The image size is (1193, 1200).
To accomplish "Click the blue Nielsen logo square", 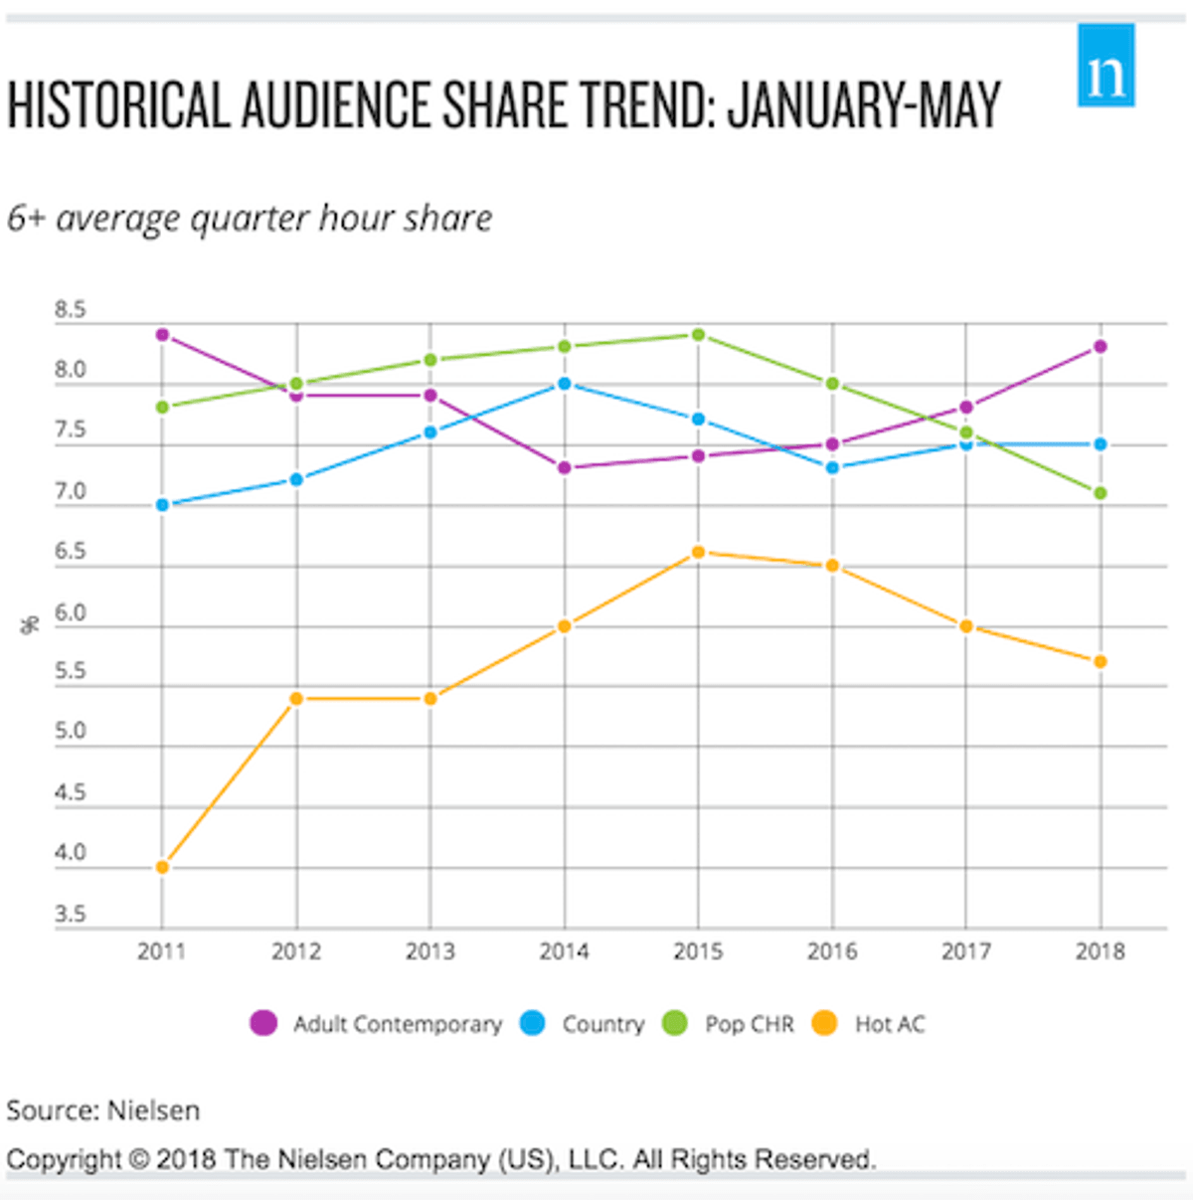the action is click(1106, 66).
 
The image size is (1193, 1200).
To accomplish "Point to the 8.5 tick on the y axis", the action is click(71, 309).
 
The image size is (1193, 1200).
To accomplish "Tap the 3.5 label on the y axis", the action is click(71, 914).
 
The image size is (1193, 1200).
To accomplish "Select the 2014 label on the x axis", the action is click(564, 951).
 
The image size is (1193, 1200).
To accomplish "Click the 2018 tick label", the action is click(1101, 951).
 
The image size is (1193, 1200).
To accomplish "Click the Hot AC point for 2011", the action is click(162, 867).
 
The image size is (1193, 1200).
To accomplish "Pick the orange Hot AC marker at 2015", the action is click(698, 553).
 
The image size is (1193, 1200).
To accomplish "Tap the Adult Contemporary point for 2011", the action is click(162, 335).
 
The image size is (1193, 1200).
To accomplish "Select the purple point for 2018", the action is click(1101, 347).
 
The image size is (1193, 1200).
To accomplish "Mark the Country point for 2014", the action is click(564, 384).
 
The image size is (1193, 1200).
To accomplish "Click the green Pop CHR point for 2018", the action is click(1101, 493).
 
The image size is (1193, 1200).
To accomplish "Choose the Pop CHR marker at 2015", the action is click(698, 335).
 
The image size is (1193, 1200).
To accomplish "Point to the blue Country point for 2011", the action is click(162, 505).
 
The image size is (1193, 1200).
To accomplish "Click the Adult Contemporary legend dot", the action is click(263, 1023).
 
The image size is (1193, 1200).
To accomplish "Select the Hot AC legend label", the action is click(890, 1024).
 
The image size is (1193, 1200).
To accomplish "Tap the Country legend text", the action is click(603, 1025).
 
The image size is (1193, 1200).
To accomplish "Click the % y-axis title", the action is click(29, 625).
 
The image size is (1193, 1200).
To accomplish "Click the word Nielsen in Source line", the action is click(153, 1111).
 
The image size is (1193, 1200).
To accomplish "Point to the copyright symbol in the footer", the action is click(139, 1159).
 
